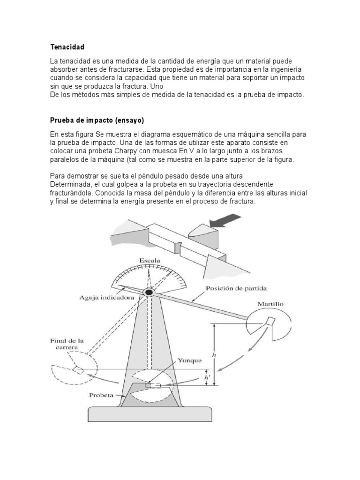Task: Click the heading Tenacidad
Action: tap(67, 47)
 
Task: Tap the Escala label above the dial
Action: tap(150, 261)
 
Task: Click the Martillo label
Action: tap(270, 304)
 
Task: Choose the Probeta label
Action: tap(101, 395)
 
